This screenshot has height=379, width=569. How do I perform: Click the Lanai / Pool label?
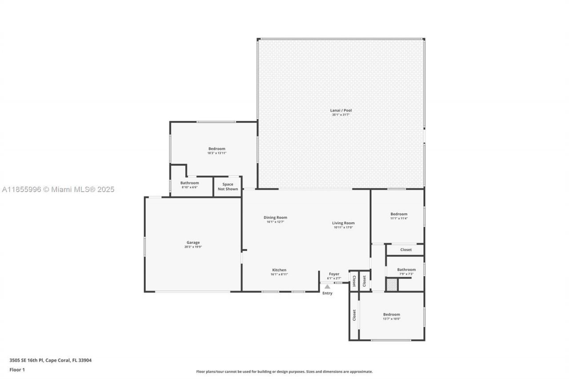pyautogui.click(x=341, y=110)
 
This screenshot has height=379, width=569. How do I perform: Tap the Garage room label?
pyautogui.click(x=192, y=243)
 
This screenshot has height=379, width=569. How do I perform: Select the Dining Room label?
pyautogui.click(x=275, y=218)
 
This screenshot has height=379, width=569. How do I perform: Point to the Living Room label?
pyautogui.click(x=343, y=223)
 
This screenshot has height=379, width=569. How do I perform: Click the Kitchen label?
pyautogui.click(x=279, y=270)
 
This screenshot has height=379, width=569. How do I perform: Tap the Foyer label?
pyautogui.click(x=334, y=274)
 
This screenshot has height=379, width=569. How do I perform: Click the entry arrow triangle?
pyautogui.click(x=327, y=287)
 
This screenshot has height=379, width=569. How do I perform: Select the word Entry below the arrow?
pyautogui.click(x=327, y=293)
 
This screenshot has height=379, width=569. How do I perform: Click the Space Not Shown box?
pyautogui.click(x=228, y=187)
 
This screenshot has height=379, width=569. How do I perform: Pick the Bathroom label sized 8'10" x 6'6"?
pyautogui.click(x=189, y=183)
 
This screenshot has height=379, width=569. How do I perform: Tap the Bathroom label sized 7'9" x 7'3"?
pyautogui.click(x=406, y=270)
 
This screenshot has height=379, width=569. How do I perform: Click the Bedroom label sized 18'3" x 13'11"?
pyautogui.click(x=216, y=149)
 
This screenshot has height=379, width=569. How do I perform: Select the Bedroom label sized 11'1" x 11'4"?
pyautogui.click(x=399, y=214)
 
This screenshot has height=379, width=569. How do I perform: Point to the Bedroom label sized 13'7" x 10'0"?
pyautogui.click(x=391, y=315)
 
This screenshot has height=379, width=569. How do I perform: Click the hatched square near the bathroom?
pyautogui.click(x=391, y=285)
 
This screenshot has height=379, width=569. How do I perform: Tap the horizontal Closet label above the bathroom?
pyautogui.click(x=405, y=250)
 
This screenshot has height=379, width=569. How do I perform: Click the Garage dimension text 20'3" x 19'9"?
pyautogui.click(x=192, y=247)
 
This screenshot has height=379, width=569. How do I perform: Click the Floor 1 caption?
pyautogui.click(x=17, y=370)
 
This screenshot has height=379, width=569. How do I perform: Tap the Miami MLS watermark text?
pyautogui.click(x=58, y=190)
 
